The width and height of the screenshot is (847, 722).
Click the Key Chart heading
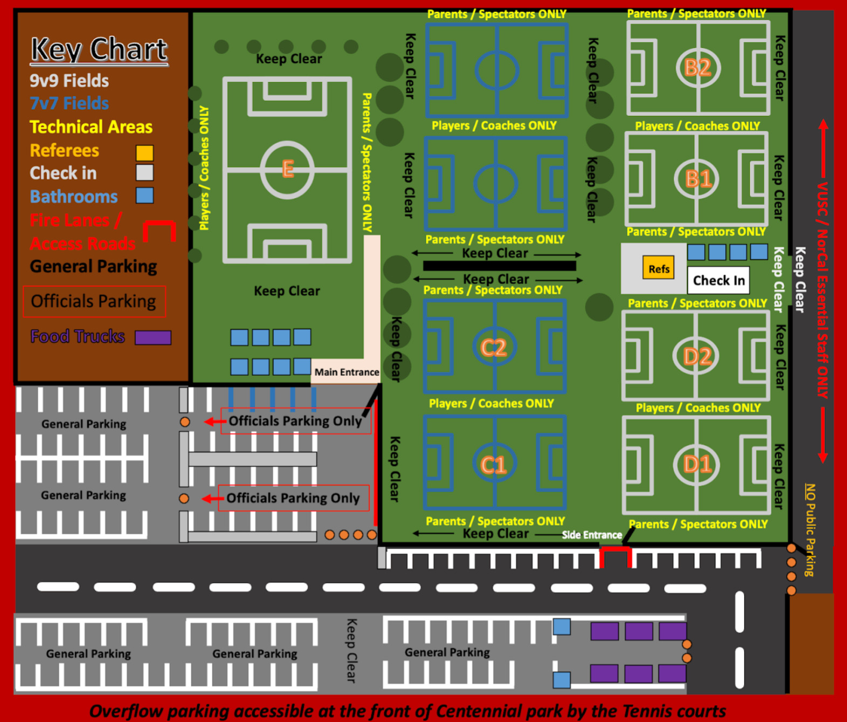pyautogui.click(x=99, y=50)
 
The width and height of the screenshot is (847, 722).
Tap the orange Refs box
pyautogui.click(x=658, y=269)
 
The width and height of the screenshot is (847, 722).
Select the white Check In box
pyautogui.click(x=718, y=280)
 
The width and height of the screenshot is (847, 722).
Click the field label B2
pyautogui.click(x=698, y=68)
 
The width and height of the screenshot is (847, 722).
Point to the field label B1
pyautogui.click(x=698, y=178)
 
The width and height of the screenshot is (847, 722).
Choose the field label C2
pyautogui.click(x=494, y=348)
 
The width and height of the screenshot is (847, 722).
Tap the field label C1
pyautogui.click(x=493, y=464)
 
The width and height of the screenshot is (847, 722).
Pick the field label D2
pyautogui.click(x=697, y=356)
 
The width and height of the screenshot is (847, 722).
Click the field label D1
pyautogui.click(x=697, y=464)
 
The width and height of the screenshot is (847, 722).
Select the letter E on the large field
pyautogui.click(x=288, y=169)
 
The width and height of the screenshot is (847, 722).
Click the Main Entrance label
pyautogui.click(x=347, y=372)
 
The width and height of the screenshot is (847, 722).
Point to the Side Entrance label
pyautogui.click(x=591, y=535)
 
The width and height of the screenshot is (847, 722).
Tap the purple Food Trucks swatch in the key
pyautogui.click(x=153, y=338)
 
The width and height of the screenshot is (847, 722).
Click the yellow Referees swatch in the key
pyautogui.click(x=144, y=153)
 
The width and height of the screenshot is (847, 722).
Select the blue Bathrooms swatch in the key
pyautogui.click(x=144, y=195)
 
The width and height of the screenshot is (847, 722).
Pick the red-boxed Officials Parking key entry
pyautogui.click(x=94, y=301)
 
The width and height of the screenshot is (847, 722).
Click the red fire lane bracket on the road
pyautogui.click(x=615, y=556)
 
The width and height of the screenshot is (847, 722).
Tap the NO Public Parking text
pyautogui.click(x=809, y=530)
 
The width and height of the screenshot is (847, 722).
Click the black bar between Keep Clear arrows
pyautogui.click(x=499, y=266)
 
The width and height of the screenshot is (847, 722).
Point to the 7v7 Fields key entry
pyautogui.click(x=69, y=104)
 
